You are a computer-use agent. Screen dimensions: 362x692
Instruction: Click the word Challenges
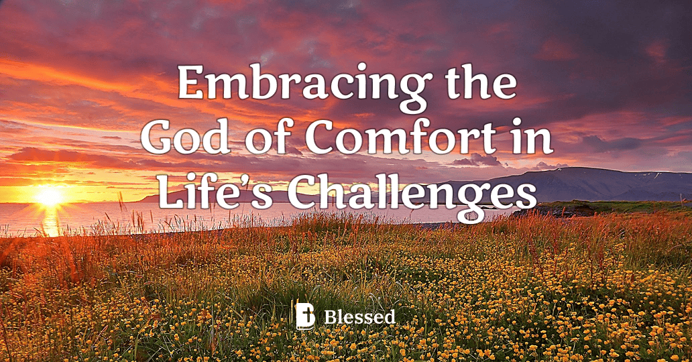pyautogui.click(x=412, y=193)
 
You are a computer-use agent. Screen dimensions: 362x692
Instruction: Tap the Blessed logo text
pyautogui.click(x=359, y=316)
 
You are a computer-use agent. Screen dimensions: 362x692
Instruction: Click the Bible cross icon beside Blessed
pyautogui.click(x=306, y=315)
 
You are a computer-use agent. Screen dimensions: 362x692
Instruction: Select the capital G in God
pyautogui.click(x=158, y=139)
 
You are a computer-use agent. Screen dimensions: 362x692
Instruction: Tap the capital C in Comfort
pyautogui.click(x=323, y=139)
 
